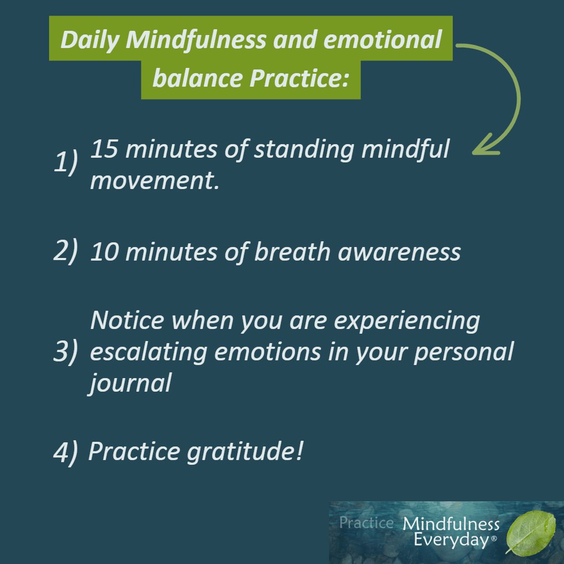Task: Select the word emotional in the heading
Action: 383,39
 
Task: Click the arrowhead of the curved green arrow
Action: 486,145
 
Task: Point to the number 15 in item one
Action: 104,148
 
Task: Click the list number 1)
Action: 66,162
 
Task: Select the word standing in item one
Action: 304,149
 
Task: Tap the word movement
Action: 155,181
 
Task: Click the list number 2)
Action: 66,251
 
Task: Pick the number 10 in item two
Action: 104,251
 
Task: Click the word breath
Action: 292,251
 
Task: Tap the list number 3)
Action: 66,351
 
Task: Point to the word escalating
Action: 148,352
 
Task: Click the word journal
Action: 130,383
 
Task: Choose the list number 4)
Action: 66,452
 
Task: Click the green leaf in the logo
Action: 531,532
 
